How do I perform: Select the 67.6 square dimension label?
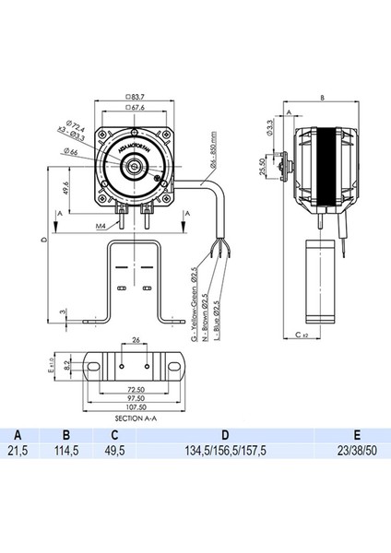(138, 107)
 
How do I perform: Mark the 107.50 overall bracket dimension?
(136, 408)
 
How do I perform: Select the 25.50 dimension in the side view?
(264, 166)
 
